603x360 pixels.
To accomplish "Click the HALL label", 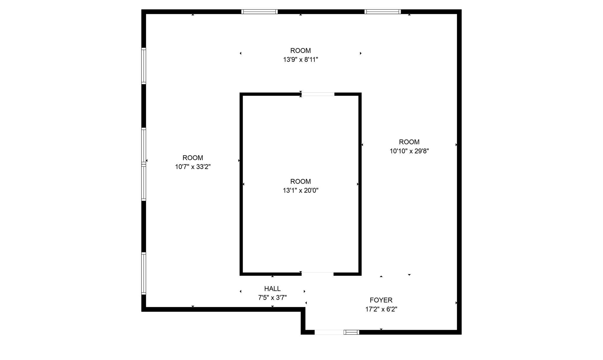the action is [x=272, y=288].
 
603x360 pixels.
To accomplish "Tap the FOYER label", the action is [x=381, y=300].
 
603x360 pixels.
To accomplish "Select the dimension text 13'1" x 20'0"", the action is [x=301, y=190].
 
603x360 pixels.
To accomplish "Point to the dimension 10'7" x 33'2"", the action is [x=193, y=167].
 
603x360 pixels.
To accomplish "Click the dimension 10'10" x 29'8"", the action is [x=409, y=151].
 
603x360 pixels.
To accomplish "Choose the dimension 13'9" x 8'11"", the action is [x=301, y=60].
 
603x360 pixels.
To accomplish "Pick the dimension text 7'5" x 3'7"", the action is [x=272, y=298].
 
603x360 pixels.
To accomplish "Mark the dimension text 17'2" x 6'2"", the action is [x=381, y=309].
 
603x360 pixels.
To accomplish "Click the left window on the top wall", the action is [x=259, y=12].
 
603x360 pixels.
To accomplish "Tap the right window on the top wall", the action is [x=382, y=12].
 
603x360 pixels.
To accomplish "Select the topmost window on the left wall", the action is [x=144, y=66].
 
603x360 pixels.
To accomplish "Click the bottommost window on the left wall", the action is [x=144, y=273].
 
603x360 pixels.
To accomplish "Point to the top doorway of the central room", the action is [x=318, y=94].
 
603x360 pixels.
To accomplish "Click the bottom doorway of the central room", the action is [x=317, y=274].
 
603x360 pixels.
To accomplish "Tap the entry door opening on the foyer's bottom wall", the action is [x=329, y=332].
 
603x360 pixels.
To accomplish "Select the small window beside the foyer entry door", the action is [x=352, y=332].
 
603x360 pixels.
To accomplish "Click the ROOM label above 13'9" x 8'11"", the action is [x=301, y=51].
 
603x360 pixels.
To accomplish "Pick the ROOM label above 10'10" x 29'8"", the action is [x=409, y=142].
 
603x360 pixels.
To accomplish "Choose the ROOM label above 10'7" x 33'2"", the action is [x=193, y=158].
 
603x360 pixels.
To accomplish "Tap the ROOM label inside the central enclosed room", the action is [x=301, y=181].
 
